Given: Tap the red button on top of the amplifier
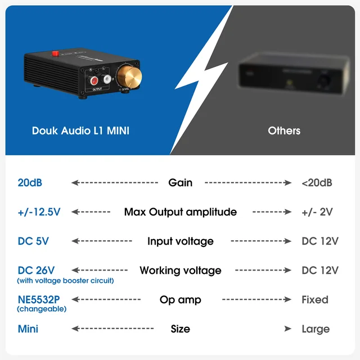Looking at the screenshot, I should pyautogui.click(x=56, y=53).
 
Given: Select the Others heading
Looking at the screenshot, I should pyautogui.click(x=284, y=130).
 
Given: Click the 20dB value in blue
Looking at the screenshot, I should pyautogui.click(x=30, y=183).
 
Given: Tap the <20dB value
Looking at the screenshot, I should pyautogui.click(x=317, y=183).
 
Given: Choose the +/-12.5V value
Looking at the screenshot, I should pyautogui.click(x=39, y=212).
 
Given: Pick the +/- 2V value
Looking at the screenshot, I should pyautogui.click(x=317, y=212).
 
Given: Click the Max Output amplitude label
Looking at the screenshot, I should pyautogui.click(x=180, y=212).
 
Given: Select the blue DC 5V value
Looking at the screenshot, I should pyautogui.click(x=33, y=241).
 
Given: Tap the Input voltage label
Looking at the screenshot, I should pyautogui.click(x=180, y=241).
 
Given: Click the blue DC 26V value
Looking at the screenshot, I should pyautogui.click(x=36, y=271).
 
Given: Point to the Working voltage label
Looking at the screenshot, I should pyautogui.click(x=180, y=271).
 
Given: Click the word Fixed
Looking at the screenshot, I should pyautogui.click(x=314, y=300).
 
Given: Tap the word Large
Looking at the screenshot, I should pyautogui.click(x=315, y=329).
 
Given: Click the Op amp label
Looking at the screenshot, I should pyautogui.click(x=180, y=300).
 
